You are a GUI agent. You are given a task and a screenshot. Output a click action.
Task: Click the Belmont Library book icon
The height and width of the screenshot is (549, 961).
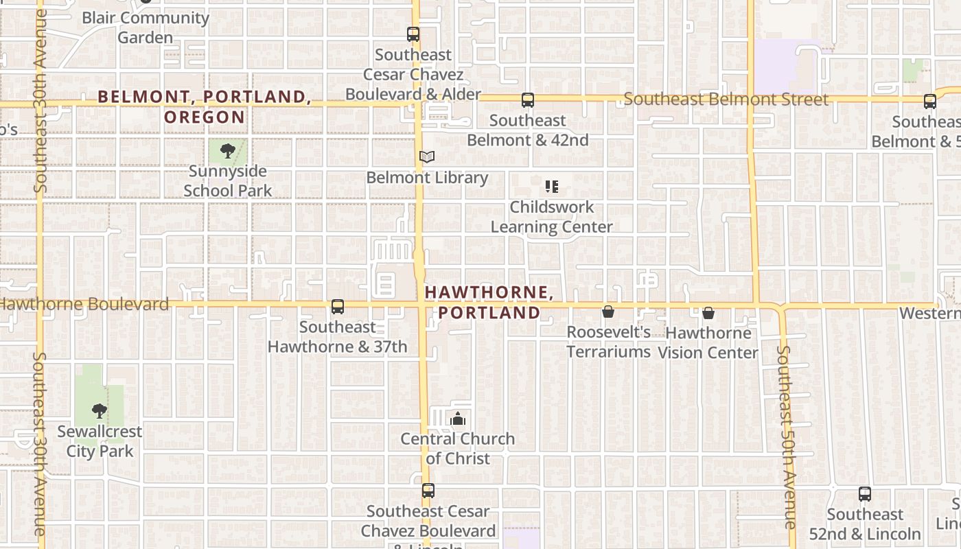pos(427,157)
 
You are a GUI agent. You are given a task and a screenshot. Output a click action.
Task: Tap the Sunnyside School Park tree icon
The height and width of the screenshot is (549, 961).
pos(228,150)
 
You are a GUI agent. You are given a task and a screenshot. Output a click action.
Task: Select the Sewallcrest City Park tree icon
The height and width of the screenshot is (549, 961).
pos(100,411)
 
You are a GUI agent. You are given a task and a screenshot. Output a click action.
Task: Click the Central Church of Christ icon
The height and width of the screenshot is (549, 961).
pos(458,418)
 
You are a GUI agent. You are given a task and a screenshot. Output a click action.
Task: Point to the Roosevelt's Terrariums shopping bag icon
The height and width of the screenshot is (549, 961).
pos(608,312)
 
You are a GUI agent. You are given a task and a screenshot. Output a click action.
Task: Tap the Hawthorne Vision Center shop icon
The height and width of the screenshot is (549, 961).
pos(708,313)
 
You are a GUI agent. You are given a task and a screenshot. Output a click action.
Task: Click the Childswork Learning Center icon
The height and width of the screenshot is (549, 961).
pos(551,187)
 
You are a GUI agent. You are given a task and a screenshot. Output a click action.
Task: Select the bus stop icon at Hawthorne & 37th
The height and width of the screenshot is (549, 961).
pos(337,307)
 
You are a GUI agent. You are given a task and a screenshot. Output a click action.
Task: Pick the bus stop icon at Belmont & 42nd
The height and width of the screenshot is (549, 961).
pos(527,100)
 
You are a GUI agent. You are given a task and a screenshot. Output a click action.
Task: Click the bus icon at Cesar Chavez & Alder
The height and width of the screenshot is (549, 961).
pos(413,34)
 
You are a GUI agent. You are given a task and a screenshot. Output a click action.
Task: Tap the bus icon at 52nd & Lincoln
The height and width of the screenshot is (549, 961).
pos(865,494)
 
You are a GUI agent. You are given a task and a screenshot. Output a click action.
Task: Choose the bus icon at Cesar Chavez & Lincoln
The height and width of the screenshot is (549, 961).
pos(428,491)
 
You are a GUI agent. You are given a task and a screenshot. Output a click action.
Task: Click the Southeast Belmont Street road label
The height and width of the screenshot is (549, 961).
pos(726,100)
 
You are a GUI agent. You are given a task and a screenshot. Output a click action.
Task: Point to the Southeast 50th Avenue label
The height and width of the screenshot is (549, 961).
pos(787,436)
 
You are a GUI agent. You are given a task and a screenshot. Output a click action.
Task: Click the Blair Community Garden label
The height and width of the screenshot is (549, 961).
pos(146,27)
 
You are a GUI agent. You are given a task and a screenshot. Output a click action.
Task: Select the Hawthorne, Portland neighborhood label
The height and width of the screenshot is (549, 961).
pos(489,303)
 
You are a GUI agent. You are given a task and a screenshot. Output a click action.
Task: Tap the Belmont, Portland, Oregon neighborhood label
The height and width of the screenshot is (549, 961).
pos(205,106)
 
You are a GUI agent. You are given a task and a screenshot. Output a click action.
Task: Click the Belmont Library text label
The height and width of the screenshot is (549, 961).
pos(427,178)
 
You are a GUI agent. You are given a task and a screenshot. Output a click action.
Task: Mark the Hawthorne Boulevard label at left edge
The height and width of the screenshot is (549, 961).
pos(84,304)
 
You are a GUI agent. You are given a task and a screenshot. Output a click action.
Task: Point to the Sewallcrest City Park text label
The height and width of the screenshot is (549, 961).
pos(100,441)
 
